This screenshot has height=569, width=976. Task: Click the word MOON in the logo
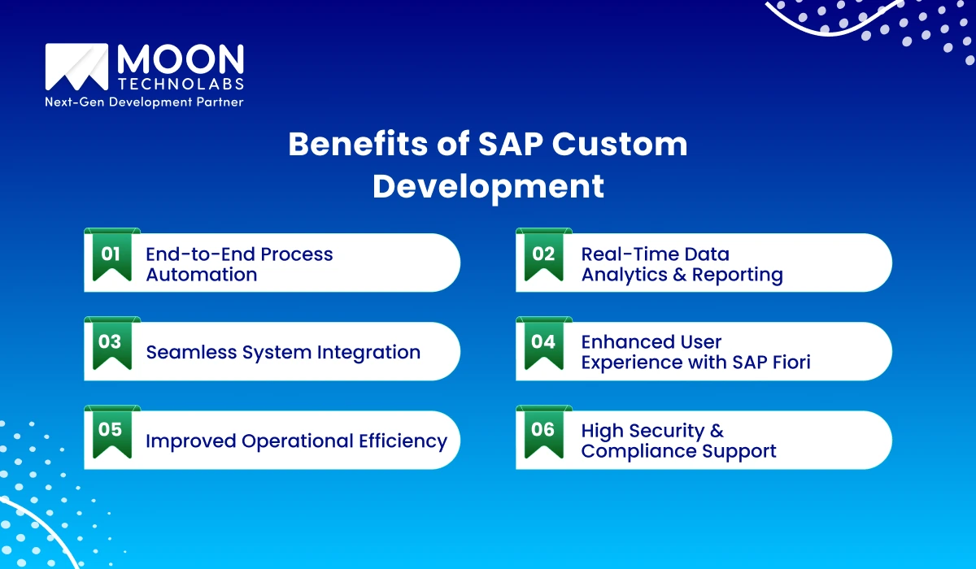point(180,59)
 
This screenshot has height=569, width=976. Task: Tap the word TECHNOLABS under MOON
point(180,85)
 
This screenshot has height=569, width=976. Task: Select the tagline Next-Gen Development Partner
point(144,102)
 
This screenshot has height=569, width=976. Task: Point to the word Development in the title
point(488,186)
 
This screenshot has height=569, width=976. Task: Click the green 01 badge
point(111,255)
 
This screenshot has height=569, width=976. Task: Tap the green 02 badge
point(543,255)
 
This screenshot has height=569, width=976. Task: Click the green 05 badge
point(111,432)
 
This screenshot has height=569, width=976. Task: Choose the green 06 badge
point(543,432)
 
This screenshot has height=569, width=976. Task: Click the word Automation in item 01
point(201,275)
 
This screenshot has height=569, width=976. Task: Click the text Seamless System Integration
point(283,352)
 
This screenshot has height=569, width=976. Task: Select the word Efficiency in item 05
point(403,441)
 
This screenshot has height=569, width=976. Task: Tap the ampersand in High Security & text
point(716,431)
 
